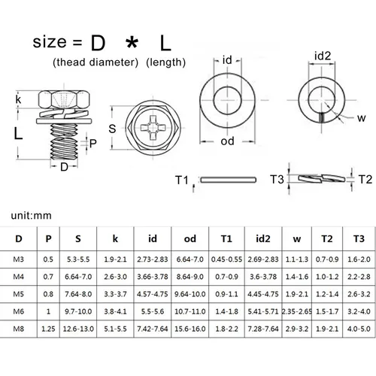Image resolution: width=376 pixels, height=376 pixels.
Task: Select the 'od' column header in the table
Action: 188,239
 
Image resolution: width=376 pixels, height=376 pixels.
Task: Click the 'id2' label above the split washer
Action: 323,56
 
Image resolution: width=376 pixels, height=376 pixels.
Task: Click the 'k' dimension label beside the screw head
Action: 18,99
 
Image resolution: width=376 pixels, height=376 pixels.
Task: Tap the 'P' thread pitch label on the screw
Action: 93,142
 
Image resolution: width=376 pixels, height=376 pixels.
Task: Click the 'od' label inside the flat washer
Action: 229,141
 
